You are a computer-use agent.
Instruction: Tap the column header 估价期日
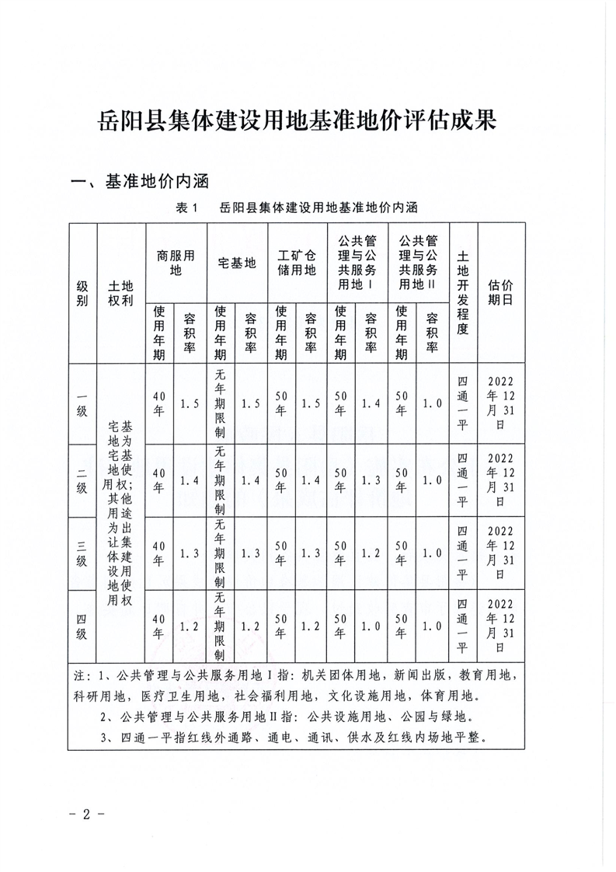(500, 293)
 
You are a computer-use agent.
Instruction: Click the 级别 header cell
(82, 293)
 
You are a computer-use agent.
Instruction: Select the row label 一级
(82, 403)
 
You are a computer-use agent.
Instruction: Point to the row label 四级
(82, 626)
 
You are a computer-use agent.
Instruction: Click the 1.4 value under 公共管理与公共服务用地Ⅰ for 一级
(371, 403)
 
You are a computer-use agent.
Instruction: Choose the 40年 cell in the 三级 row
(160, 553)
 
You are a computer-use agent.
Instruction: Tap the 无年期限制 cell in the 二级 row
(221, 480)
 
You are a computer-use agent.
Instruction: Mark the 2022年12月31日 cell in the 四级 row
(500, 626)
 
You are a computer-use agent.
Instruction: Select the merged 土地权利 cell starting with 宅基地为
(122, 513)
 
